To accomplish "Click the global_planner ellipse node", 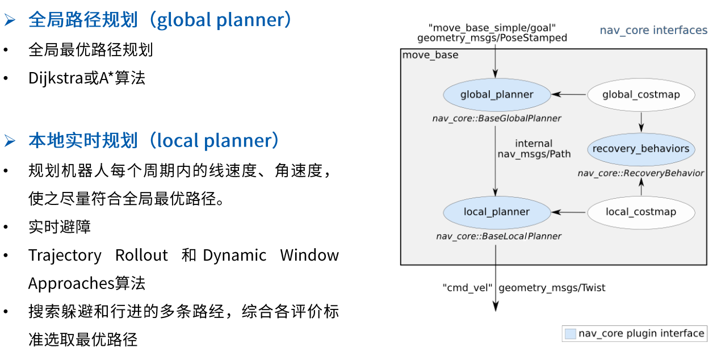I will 497,95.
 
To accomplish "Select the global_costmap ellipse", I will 641,95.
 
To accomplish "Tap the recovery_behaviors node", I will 641,149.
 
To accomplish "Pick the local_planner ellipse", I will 497,212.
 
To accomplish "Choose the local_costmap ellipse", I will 641,212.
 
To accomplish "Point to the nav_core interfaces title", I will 653,30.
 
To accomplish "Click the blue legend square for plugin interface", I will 570,334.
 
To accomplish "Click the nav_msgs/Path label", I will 534,154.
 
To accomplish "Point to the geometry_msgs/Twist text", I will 552,288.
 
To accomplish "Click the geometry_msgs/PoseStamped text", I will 492,38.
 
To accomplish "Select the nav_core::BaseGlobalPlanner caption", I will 496,119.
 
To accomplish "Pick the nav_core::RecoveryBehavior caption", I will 641,173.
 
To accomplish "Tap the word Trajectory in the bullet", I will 65,256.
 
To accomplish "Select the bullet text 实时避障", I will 60,227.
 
